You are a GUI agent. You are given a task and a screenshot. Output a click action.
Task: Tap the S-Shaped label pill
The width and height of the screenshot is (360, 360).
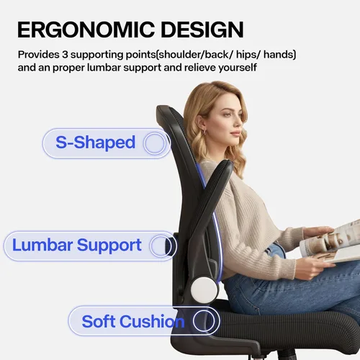(95, 143)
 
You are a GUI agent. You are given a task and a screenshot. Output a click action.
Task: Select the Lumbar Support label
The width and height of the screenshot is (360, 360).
(77, 246)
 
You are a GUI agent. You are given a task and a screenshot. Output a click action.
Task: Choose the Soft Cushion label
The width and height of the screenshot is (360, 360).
(133, 321)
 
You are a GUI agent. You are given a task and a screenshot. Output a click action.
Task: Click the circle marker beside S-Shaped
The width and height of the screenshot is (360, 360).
(154, 143)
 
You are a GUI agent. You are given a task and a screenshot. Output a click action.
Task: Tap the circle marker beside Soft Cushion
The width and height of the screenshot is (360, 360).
(204, 321)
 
